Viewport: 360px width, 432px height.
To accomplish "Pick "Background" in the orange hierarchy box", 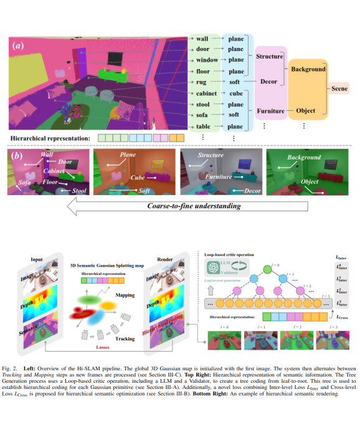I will click(x=308, y=69).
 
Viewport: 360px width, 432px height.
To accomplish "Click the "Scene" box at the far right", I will click(x=341, y=89).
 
